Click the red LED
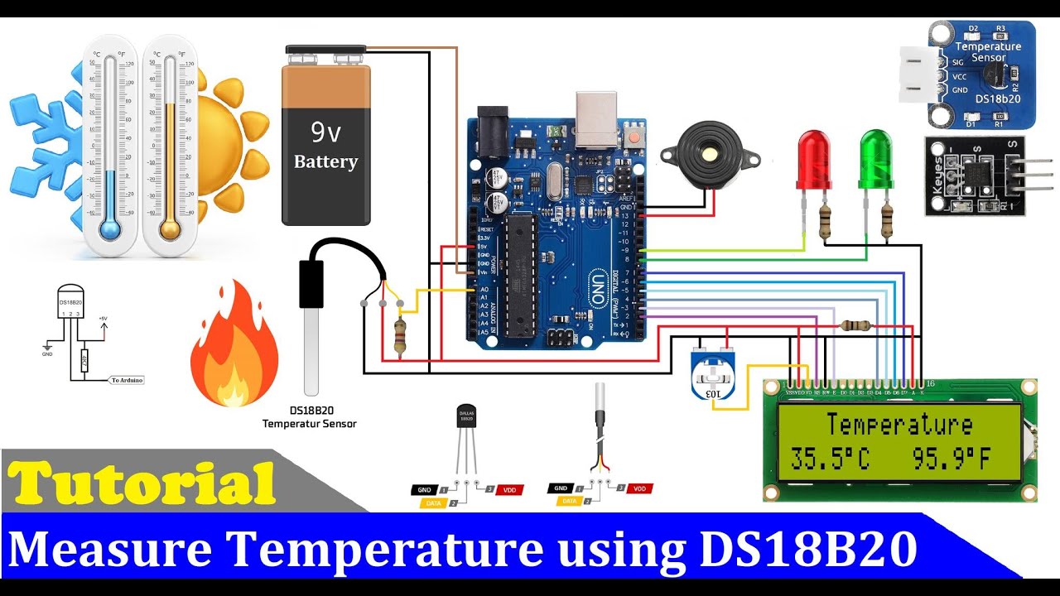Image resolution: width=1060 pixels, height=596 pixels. (x=814, y=159)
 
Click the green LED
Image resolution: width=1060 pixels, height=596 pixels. (x=876, y=159)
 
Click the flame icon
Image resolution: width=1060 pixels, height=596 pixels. (x=234, y=348)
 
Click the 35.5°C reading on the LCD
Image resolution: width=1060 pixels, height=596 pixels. (x=830, y=458)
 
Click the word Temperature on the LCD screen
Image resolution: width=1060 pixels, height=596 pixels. (x=899, y=425)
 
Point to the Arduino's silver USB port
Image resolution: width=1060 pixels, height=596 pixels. (x=595, y=118)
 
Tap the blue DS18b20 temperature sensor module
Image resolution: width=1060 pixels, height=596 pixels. (x=977, y=74)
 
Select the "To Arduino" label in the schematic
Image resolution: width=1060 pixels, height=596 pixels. (x=127, y=380)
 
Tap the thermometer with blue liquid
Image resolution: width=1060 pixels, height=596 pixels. (x=109, y=145)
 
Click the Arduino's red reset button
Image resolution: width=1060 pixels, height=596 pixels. (x=635, y=133)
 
